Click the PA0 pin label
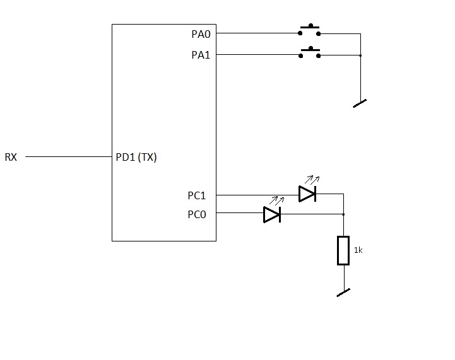(x=201, y=34)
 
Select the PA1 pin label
(x=201, y=55)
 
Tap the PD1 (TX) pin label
(x=136, y=157)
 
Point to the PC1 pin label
(x=197, y=195)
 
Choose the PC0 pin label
(x=197, y=214)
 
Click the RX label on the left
(x=11, y=157)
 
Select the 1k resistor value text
(x=358, y=250)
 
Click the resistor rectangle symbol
(x=343, y=250)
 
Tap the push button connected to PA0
(x=309, y=30)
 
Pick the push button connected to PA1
(x=310, y=52)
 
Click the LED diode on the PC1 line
(x=307, y=194)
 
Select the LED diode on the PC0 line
(x=272, y=214)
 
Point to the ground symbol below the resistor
(x=343, y=293)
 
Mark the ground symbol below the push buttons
(x=360, y=103)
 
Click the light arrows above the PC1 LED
(x=312, y=180)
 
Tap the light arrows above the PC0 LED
(x=277, y=200)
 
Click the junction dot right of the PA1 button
(x=360, y=55)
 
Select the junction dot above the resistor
(x=343, y=214)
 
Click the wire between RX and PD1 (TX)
(x=69, y=157)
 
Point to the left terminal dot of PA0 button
(x=300, y=33)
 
